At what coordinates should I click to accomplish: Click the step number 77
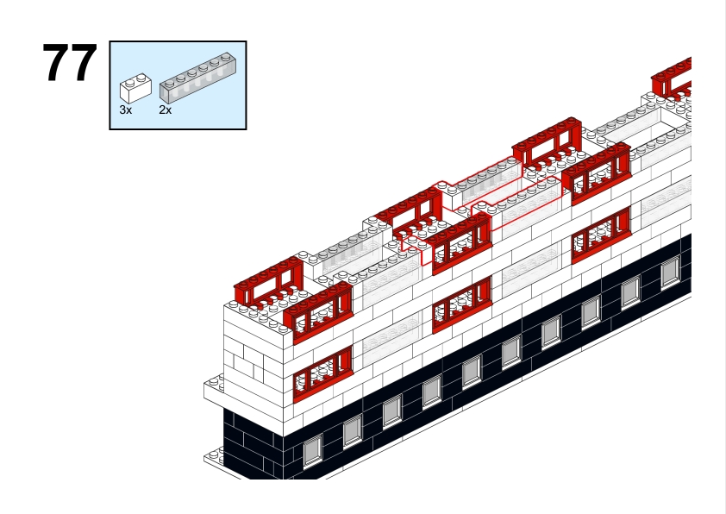(x=70, y=62)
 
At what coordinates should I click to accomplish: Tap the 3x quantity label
(x=126, y=110)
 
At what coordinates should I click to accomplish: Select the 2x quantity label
(x=166, y=110)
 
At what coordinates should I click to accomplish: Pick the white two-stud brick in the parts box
(x=135, y=87)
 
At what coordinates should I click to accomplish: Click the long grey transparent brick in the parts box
(x=196, y=78)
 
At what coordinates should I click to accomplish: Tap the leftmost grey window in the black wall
(x=312, y=449)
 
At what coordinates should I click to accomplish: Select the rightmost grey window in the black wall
(x=670, y=273)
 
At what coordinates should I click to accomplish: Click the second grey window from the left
(x=352, y=430)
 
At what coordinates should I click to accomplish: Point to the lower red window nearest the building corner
(x=322, y=374)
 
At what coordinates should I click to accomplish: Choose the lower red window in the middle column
(x=461, y=304)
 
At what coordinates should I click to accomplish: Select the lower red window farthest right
(x=601, y=235)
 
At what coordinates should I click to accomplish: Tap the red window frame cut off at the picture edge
(x=672, y=78)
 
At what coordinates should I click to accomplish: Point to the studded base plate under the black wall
(x=214, y=457)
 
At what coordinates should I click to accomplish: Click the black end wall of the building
(x=253, y=444)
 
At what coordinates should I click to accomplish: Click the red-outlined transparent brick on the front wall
(x=517, y=203)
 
